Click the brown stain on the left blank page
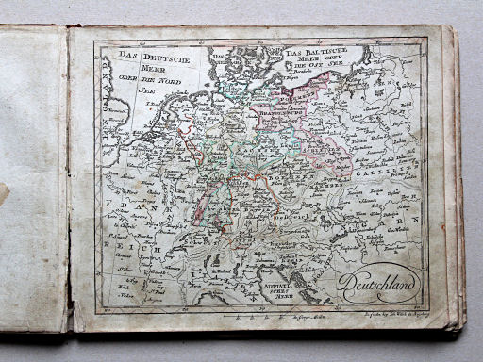coord(4,193)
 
